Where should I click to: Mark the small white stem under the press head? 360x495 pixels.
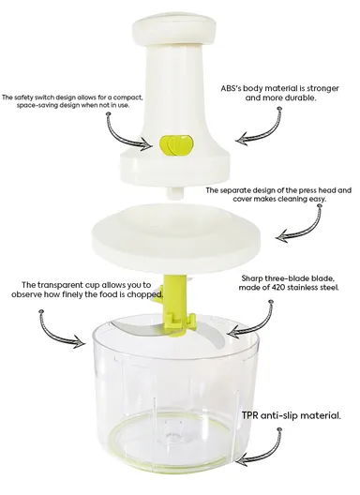174,190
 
